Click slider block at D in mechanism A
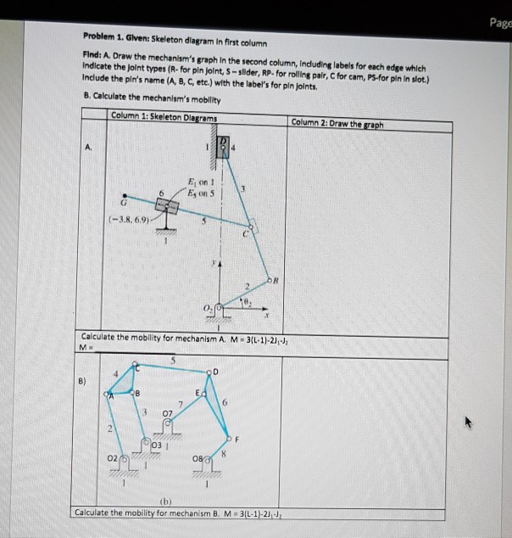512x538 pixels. tap(223, 148)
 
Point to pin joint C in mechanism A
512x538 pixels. tap(250, 227)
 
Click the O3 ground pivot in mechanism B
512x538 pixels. tap(147, 445)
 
